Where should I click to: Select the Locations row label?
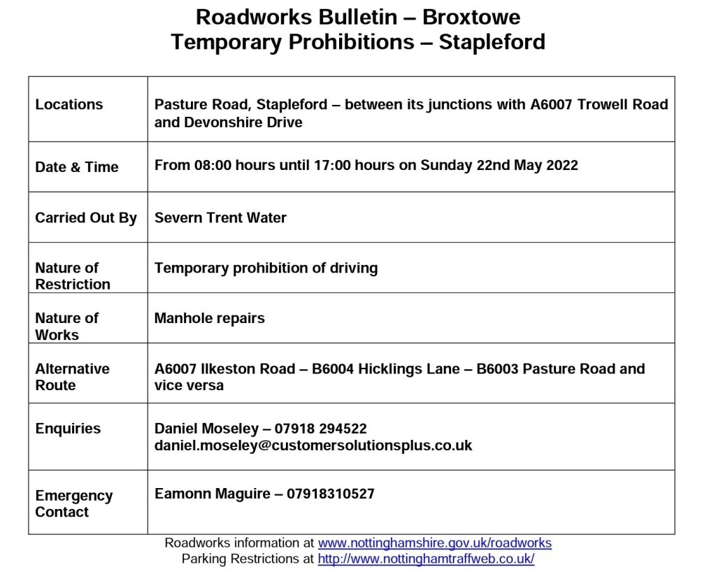69,105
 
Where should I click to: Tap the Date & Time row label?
76,167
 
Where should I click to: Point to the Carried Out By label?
86,217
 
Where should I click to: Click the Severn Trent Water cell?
220,217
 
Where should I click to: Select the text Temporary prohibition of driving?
266,268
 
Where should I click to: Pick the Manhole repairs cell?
209,318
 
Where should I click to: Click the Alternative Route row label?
72,377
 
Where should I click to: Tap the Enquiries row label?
68,429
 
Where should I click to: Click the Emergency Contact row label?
73,503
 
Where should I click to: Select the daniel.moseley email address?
313,445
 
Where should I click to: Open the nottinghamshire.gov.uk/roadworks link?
434,543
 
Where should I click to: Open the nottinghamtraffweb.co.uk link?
426,559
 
